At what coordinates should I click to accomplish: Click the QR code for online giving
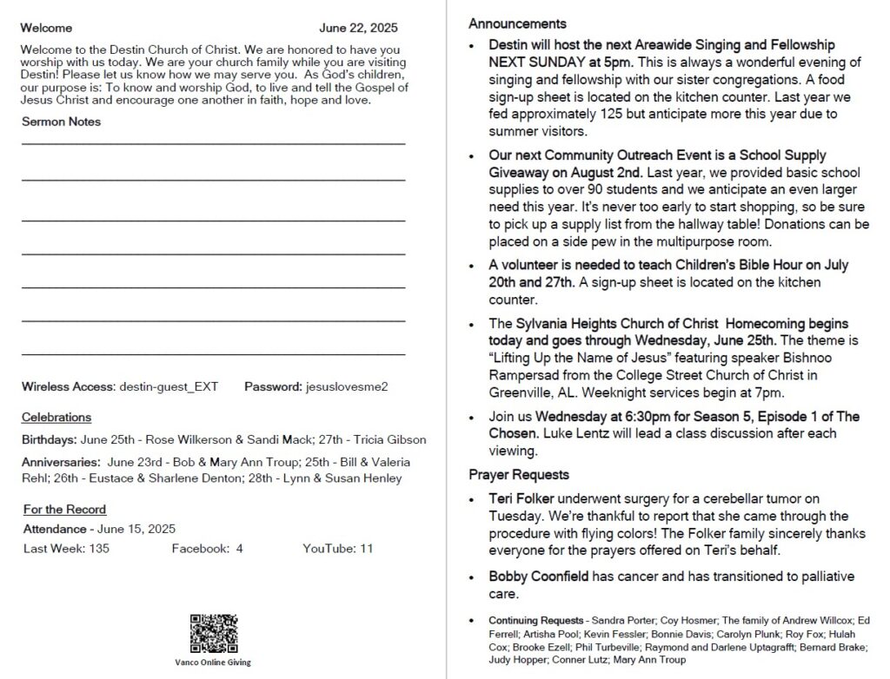213,634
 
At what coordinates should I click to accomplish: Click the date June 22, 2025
358,28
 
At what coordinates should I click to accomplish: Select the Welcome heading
47,28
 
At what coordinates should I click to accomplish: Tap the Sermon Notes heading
61,122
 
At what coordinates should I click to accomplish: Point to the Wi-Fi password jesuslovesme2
347,386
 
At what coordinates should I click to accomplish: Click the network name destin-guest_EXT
169,386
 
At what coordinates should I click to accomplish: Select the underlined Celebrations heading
56,418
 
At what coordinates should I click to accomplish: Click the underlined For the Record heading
64,510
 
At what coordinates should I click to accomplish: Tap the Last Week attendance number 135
99,549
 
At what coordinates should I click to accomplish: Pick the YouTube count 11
366,549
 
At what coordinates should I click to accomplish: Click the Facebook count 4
239,549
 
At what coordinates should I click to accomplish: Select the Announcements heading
517,23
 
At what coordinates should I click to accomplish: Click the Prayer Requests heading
519,475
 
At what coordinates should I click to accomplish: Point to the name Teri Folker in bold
521,499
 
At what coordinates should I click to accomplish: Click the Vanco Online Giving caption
213,663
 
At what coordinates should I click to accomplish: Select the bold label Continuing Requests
535,621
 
